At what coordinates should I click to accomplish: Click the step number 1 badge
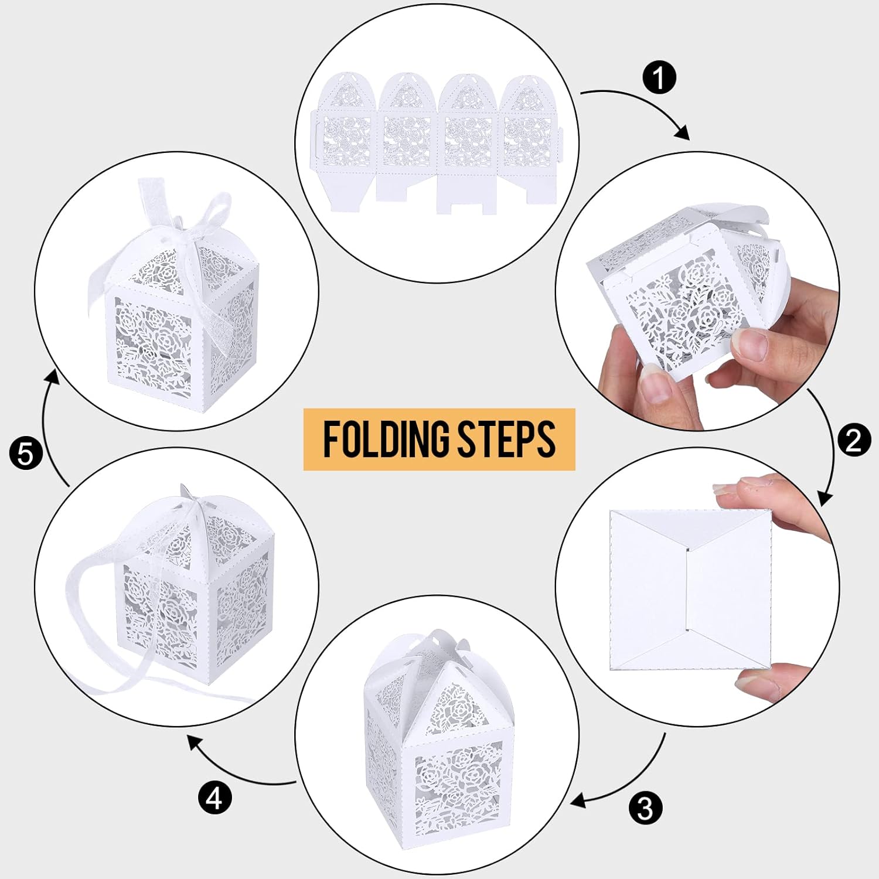pos(659,78)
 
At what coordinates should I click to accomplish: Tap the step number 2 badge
pos(853,440)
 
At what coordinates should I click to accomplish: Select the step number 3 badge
pos(645,809)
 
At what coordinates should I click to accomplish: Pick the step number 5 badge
pos(26,454)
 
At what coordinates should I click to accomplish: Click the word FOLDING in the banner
pos(387,439)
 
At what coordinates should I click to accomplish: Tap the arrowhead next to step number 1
pos(683,134)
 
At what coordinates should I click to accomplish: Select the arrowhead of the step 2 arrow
pos(825,500)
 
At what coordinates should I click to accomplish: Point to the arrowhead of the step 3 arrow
pos(577,800)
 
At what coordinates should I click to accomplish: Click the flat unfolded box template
pos(437,144)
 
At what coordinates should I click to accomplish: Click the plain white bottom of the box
pos(691,589)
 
